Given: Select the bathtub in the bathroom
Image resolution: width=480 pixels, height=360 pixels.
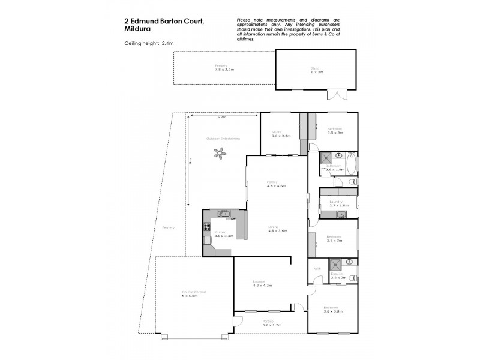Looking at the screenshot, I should pos(352,163).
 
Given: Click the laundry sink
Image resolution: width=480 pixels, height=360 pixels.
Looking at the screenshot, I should pos(343,212).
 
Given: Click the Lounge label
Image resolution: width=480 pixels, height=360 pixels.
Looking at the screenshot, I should pos(259,282).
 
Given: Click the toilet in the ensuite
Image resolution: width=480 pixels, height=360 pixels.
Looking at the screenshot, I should pos(353,278).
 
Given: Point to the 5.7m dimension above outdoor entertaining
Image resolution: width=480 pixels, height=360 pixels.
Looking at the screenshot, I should pos(222,117).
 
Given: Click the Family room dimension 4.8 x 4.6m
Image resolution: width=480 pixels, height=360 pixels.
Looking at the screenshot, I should pos(277,186).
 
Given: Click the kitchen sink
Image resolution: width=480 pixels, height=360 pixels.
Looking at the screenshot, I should pos(224,213).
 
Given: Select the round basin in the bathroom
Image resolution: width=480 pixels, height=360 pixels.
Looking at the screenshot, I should pos(338,156).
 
